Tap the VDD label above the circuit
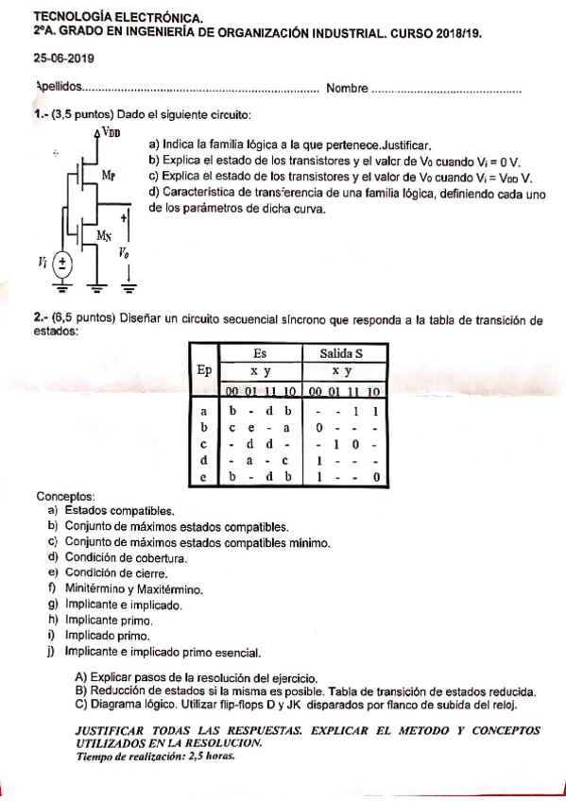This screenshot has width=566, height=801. click(111, 133)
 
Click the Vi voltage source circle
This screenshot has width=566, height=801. click(63, 262)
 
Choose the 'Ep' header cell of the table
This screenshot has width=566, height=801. click(203, 371)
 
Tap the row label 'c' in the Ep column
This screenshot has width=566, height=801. click(203, 443)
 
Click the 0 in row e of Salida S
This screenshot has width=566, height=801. click(376, 477)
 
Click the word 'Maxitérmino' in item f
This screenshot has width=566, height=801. click(170, 588)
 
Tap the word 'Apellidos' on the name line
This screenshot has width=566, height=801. click(59, 87)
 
